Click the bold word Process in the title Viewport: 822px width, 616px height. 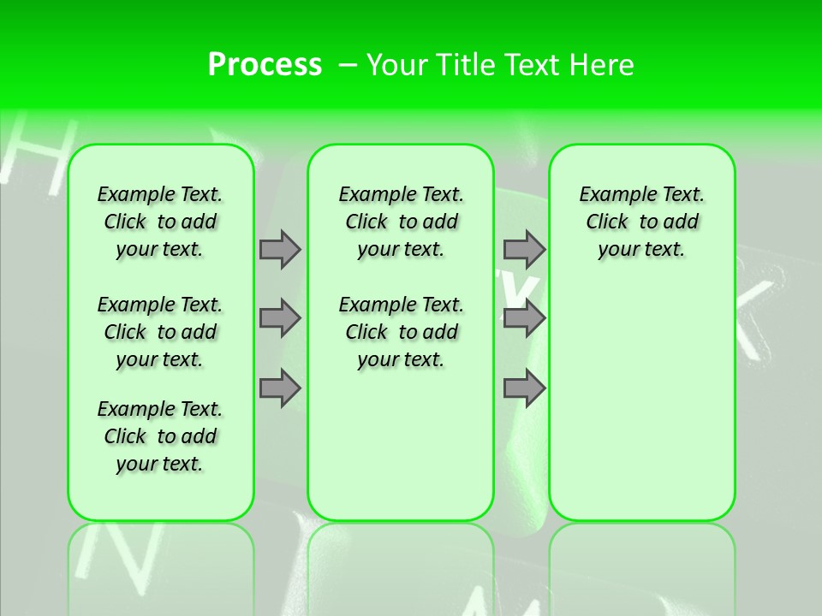pyautogui.click(x=265, y=65)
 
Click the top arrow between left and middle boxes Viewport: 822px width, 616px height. pyautogui.click(x=280, y=249)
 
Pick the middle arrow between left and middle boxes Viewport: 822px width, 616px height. pyautogui.click(x=280, y=318)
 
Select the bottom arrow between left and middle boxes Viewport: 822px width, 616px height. pyautogui.click(x=280, y=388)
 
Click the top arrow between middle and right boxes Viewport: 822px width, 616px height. pyautogui.click(x=524, y=249)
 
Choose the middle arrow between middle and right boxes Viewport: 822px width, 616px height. pyautogui.click(x=524, y=318)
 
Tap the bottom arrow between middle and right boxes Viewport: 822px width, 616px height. pyautogui.click(x=524, y=388)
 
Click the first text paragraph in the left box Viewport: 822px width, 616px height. pyautogui.click(x=160, y=222)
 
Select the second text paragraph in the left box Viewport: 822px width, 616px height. pyautogui.click(x=160, y=332)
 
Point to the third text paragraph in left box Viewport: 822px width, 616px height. pyautogui.click(x=160, y=436)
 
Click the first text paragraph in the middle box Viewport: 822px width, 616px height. pyautogui.click(x=401, y=222)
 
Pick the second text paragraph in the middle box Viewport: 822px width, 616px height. pyautogui.click(x=401, y=332)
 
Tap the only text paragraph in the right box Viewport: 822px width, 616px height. pyautogui.click(x=641, y=222)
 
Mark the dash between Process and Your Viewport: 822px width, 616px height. pyautogui.click(x=347, y=65)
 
